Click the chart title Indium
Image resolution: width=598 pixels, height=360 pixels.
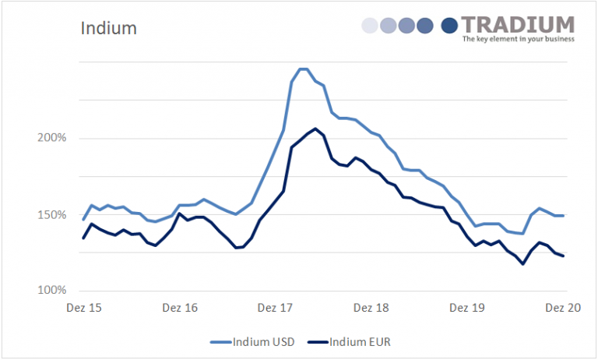[x=108, y=29]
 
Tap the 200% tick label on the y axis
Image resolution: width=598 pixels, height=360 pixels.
[x=53, y=138]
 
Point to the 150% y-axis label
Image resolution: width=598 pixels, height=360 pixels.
[x=53, y=214]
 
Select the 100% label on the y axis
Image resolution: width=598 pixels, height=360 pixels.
[x=53, y=291]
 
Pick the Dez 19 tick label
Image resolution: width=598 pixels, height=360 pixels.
[x=467, y=308]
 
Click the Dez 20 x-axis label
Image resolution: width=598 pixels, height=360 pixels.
[x=563, y=308]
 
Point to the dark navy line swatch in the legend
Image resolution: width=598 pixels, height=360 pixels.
[x=319, y=341]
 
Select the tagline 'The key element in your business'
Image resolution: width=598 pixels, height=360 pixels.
[x=518, y=38]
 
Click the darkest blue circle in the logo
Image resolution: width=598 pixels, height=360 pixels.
[x=449, y=26]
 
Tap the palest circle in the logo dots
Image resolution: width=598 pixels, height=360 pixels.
[x=370, y=26]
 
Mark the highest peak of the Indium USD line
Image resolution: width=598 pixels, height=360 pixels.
[x=304, y=69]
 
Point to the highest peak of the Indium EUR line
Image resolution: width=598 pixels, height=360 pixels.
[x=315, y=129]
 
